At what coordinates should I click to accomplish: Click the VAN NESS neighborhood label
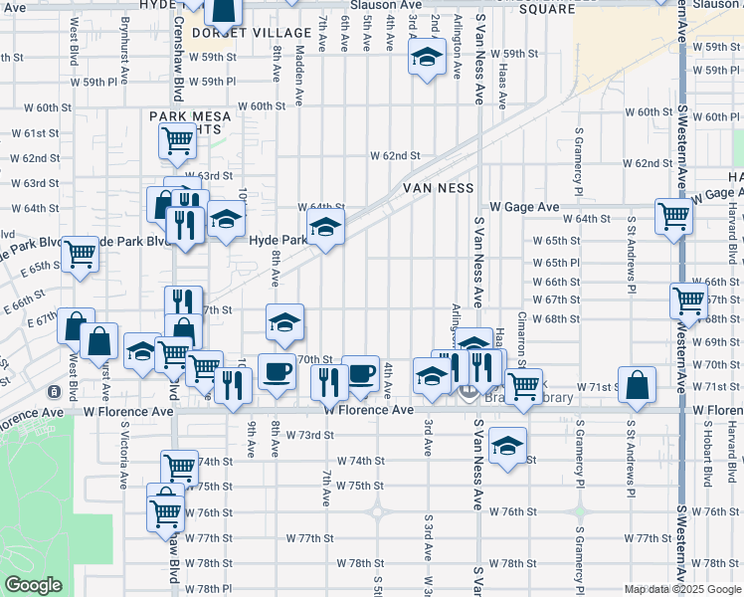pos(442,186)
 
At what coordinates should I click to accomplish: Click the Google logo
pos(33,585)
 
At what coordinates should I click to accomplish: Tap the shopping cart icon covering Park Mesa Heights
pos(177,140)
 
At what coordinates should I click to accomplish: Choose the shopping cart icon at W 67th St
pos(688,298)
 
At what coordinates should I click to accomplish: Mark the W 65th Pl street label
pos(555,263)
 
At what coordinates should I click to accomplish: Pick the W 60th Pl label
pos(715,117)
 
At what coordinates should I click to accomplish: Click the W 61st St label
pos(36,133)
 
